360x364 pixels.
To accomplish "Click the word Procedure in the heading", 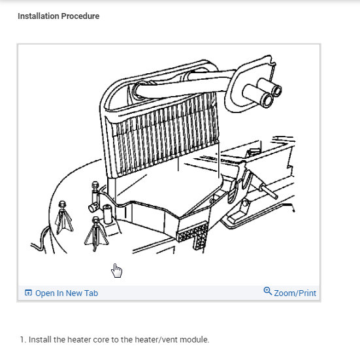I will click(x=84, y=16).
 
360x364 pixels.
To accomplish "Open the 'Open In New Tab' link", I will click(x=66, y=293).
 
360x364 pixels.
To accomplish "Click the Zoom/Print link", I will click(x=295, y=293).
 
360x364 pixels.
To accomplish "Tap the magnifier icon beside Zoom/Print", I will click(x=267, y=291).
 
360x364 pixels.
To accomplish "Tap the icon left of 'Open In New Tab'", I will click(x=28, y=293).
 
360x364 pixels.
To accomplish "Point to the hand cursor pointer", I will click(x=117, y=271).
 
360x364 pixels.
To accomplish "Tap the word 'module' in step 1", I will click(x=193, y=340).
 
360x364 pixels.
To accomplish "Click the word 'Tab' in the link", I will click(x=90, y=293).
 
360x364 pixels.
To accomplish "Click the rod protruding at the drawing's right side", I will click(x=271, y=193).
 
